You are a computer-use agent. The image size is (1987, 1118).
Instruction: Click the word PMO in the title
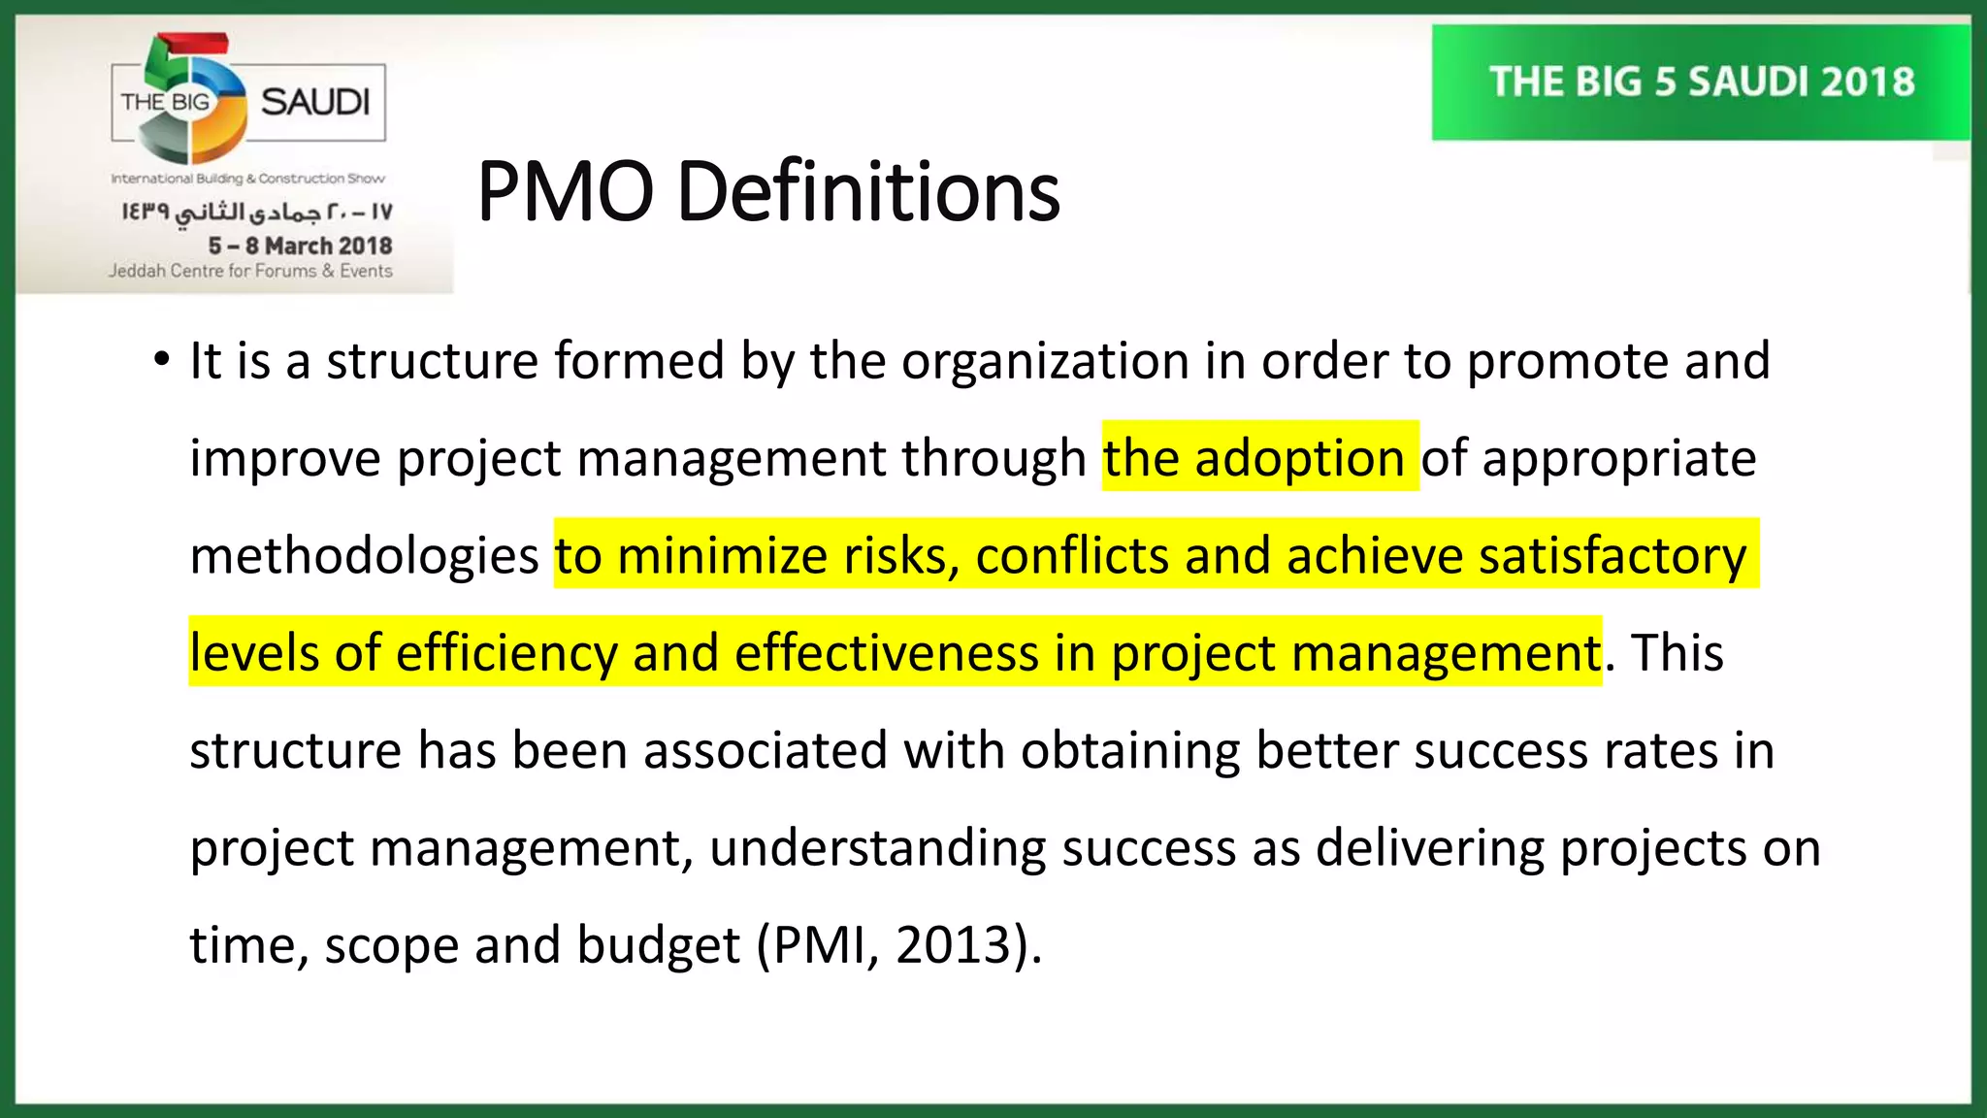click(x=566, y=192)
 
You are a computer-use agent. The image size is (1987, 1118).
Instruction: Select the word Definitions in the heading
click(x=868, y=192)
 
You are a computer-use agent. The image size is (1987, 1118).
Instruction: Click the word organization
click(x=1045, y=361)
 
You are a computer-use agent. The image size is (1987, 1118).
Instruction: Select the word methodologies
click(x=364, y=556)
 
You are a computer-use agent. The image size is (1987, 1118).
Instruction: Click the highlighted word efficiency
click(x=506, y=653)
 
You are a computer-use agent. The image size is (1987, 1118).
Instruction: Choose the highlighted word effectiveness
click(x=886, y=653)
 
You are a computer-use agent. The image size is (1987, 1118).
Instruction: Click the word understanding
click(x=877, y=848)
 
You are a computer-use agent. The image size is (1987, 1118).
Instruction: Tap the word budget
click(x=658, y=945)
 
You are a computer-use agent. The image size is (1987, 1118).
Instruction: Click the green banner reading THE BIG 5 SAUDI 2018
click(x=1701, y=82)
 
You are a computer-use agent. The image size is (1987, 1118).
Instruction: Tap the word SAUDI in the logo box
click(x=315, y=102)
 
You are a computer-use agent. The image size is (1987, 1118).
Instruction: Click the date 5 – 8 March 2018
click(x=300, y=246)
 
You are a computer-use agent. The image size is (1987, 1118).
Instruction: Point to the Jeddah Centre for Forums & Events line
click(x=250, y=271)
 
